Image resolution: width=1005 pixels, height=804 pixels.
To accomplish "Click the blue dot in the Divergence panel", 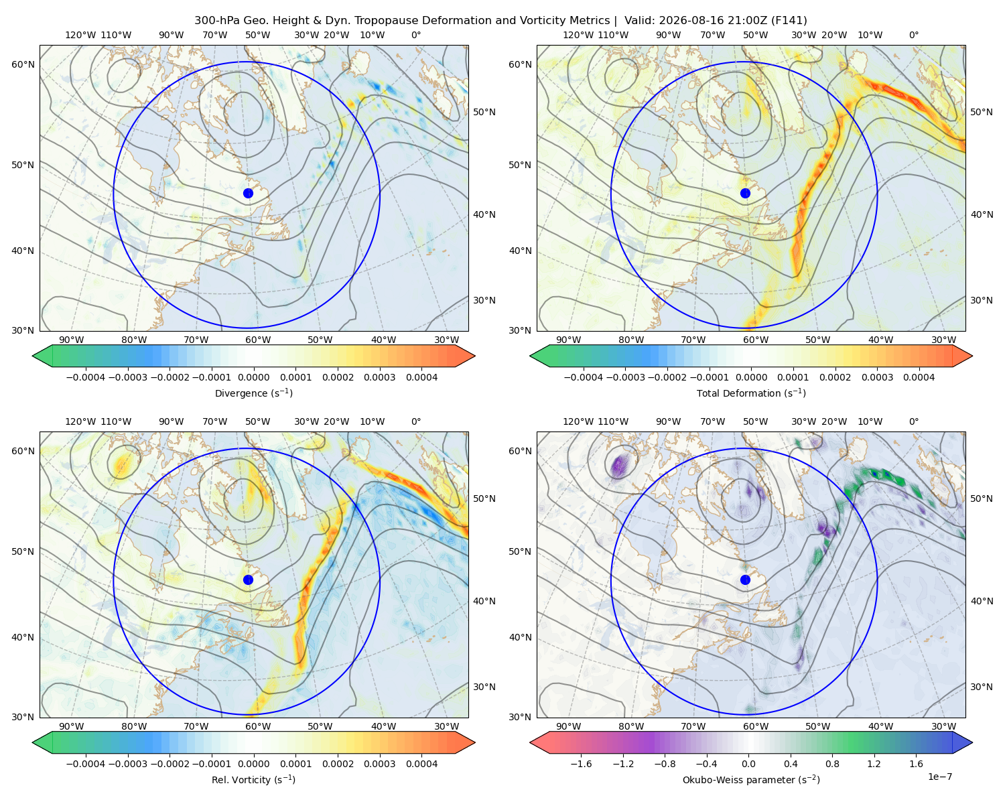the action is tap(248, 194).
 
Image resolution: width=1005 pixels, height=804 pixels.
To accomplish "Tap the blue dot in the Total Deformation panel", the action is tap(745, 194).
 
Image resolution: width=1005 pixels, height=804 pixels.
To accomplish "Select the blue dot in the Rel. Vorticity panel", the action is tap(248, 580).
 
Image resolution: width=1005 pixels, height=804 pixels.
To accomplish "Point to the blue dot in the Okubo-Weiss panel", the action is tap(745, 580).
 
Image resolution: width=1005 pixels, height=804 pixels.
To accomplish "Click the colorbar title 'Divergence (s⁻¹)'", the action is tap(253, 393).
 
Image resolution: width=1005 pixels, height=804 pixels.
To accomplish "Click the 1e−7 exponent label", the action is tap(939, 777).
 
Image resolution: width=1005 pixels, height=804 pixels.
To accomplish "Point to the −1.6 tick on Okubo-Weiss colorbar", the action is tap(581, 764).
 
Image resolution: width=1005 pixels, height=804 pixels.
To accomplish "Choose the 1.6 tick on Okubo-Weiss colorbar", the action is tap(917, 764).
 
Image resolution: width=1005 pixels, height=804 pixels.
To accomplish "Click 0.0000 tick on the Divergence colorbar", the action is tap(253, 377).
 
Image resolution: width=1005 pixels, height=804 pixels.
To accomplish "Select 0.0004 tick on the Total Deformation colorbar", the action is tap(919, 377).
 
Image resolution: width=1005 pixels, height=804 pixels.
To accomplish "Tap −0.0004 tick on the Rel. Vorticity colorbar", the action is tap(86, 764).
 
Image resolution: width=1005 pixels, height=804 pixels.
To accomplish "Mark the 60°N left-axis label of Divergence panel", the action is tap(23, 64).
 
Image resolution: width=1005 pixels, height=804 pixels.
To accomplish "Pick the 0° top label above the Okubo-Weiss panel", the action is tap(913, 421).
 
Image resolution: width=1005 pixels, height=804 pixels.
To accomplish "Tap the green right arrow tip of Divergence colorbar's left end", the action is tap(33, 356).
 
